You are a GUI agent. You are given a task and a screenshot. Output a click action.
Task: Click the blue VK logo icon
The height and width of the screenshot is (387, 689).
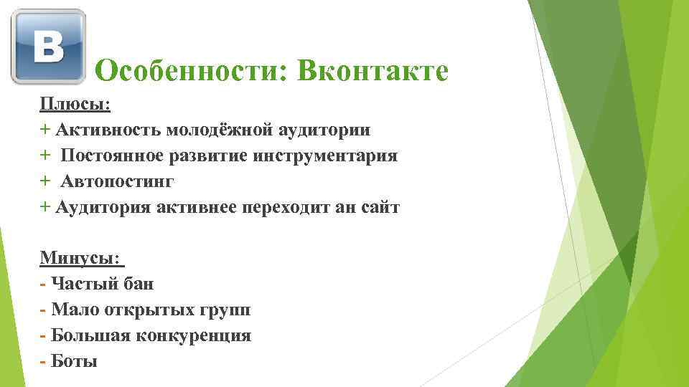tap(48, 47)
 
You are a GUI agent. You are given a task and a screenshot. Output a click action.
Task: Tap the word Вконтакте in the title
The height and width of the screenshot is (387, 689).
tap(372, 70)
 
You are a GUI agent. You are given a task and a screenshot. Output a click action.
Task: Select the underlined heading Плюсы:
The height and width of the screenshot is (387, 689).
tap(75, 104)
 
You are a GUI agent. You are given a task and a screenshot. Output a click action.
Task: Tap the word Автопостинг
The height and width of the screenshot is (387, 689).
tap(117, 181)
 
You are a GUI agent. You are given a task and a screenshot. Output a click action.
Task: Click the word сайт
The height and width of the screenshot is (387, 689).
tap(380, 207)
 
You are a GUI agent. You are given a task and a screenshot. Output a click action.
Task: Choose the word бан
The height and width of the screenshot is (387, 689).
tap(139, 284)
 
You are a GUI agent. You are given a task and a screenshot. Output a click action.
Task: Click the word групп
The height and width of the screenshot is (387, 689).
tap(225, 310)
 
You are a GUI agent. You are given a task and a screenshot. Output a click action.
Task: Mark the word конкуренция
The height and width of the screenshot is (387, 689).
tap(193, 335)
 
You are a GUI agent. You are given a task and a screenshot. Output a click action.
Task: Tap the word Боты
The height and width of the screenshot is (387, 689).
tap(74, 361)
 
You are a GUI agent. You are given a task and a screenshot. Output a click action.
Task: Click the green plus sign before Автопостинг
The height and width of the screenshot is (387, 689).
tap(44, 181)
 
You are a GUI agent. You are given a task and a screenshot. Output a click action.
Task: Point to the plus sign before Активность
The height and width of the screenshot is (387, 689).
tap(44, 129)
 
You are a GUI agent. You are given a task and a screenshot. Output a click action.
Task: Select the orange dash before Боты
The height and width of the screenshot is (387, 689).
tap(42, 362)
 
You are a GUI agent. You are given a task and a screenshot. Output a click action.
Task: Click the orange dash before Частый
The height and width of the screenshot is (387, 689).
tap(42, 285)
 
